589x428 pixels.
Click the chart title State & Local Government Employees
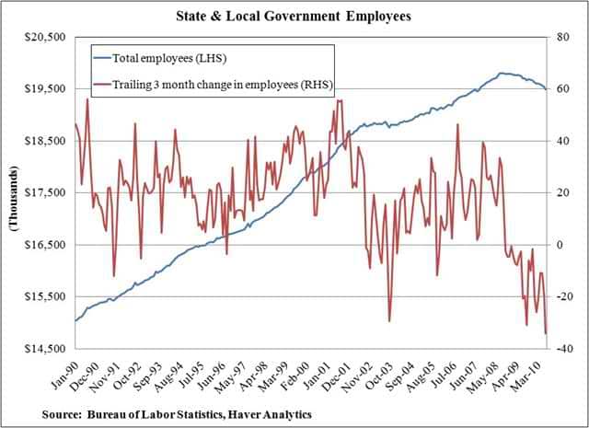295,17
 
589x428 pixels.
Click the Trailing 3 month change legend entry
222,85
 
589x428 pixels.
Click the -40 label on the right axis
560,349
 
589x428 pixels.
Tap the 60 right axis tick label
559,89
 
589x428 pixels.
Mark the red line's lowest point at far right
546,333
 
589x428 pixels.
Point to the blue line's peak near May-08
502,73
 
